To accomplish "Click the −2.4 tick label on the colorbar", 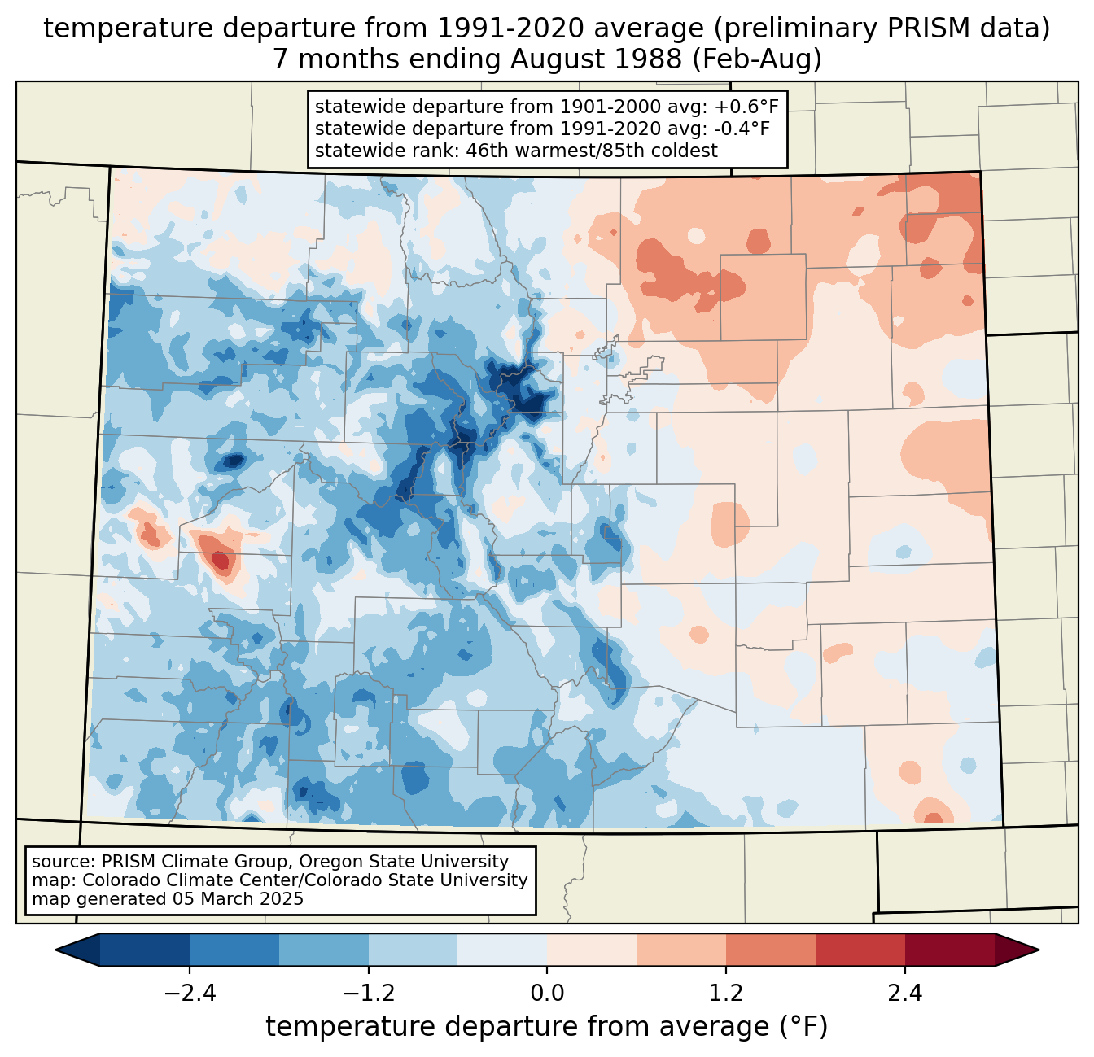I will click(x=189, y=994).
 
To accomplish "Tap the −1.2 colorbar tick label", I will click(x=368, y=994).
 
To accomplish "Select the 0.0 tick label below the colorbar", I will click(x=547, y=994).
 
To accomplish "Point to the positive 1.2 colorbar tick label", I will click(x=726, y=994).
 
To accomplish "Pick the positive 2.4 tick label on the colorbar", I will click(x=905, y=994).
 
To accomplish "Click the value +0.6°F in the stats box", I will click(x=744, y=107).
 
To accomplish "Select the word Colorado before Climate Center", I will click(x=119, y=880).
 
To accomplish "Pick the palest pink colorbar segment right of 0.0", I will click(x=592, y=950).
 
